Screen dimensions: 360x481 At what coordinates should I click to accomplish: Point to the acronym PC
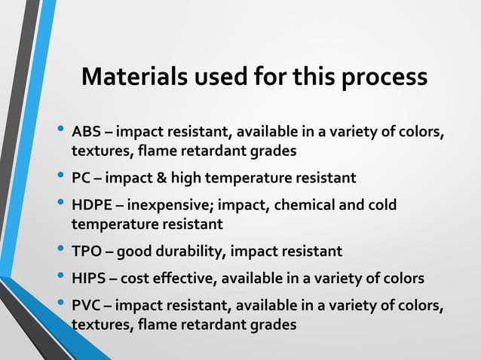point(81,178)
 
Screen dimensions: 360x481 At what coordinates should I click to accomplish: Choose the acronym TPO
point(86,251)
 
